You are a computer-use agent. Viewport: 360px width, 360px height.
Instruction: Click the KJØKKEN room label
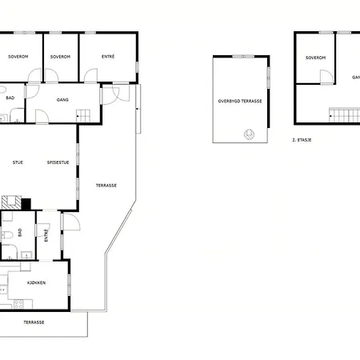pyautogui.click(x=36, y=282)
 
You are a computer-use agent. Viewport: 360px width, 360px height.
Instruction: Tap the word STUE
pyautogui.click(x=18, y=162)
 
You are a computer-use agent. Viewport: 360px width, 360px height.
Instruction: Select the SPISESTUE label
pyautogui.click(x=58, y=162)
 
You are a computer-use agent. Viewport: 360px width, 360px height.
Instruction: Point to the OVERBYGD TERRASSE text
pyautogui.click(x=240, y=101)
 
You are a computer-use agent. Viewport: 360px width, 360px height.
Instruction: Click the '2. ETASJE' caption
pyautogui.click(x=302, y=140)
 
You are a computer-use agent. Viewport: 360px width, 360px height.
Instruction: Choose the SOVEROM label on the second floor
pyautogui.click(x=315, y=58)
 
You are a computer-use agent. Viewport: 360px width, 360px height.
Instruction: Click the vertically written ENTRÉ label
pyautogui.click(x=46, y=235)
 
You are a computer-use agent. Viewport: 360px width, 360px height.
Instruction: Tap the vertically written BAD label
pyautogui.click(x=20, y=232)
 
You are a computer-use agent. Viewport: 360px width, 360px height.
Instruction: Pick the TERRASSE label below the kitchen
pyautogui.click(x=34, y=322)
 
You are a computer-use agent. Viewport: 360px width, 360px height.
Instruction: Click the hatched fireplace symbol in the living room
pyautogui.click(x=11, y=202)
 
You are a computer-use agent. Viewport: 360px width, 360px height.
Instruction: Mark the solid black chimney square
pyautogui.click(x=26, y=204)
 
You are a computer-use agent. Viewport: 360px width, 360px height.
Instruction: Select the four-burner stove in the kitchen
pyautogui.click(x=18, y=304)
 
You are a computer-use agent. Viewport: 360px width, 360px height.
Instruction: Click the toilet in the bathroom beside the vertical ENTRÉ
pyautogui.click(x=7, y=235)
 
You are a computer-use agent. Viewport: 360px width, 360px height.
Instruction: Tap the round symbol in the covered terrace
pyautogui.click(x=249, y=134)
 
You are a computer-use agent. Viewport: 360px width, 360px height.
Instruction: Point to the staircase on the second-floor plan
pyautogui.click(x=344, y=115)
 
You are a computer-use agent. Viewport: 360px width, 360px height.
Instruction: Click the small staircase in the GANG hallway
pyautogui.click(x=83, y=116)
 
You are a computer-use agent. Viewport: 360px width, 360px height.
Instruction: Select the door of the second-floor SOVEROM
pyautogui.click(x=326, y=78)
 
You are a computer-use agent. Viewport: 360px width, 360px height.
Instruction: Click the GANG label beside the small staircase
pyautogui.click(x=62, y=100)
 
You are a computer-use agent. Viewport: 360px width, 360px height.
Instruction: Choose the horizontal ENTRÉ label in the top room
pyautogui.click(x=108, y=57)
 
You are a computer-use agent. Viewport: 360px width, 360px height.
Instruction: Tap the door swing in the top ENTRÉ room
pyautogui.click(x=90, y=75)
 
